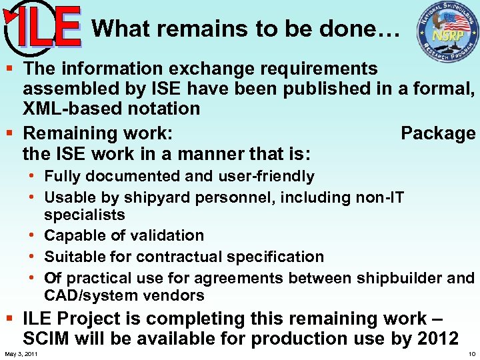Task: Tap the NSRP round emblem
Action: click(x=447, y=31)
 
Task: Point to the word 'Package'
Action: click(x=438, y=133)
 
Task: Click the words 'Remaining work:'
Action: click(x=98, y=133)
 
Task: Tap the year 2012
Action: click(x=436, y=339)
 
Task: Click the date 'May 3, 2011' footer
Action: click(x=21, y=353)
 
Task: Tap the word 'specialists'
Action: click(x=84, y=215)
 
